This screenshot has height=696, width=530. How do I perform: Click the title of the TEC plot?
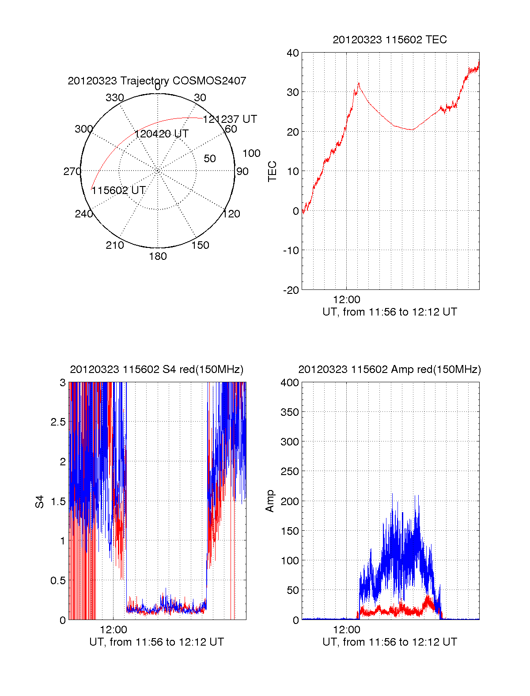[390, 40]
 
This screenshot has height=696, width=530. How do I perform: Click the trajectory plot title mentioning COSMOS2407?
[157, 81]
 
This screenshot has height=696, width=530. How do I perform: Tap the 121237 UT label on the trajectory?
[230, 119]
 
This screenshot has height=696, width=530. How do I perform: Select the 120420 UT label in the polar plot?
[162, 134]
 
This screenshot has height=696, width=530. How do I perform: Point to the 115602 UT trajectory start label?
[118, 190]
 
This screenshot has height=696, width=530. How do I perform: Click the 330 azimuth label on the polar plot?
[115, 98]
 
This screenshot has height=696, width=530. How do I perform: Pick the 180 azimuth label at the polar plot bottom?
[158, 256]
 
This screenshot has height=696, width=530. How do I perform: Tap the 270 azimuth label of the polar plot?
[72, 171]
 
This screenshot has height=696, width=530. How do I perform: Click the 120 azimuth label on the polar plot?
[231, 214]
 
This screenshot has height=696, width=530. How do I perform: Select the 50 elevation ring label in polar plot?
[210, 159]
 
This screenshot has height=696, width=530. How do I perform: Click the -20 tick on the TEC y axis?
[291, 290]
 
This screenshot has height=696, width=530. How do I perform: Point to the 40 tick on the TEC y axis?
[293, 53]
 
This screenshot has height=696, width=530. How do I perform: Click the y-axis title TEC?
[273, 171]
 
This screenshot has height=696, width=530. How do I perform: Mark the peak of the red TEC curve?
[359, 83]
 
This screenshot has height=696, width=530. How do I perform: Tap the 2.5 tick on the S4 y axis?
[58, 422]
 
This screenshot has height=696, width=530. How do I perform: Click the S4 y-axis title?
[40, 502]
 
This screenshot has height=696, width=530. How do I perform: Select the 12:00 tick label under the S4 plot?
[114, 629]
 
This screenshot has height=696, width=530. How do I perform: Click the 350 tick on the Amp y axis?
[290, 412]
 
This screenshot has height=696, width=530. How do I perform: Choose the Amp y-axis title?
[270, 501]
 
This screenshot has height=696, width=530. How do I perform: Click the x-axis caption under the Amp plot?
[390, 642]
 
